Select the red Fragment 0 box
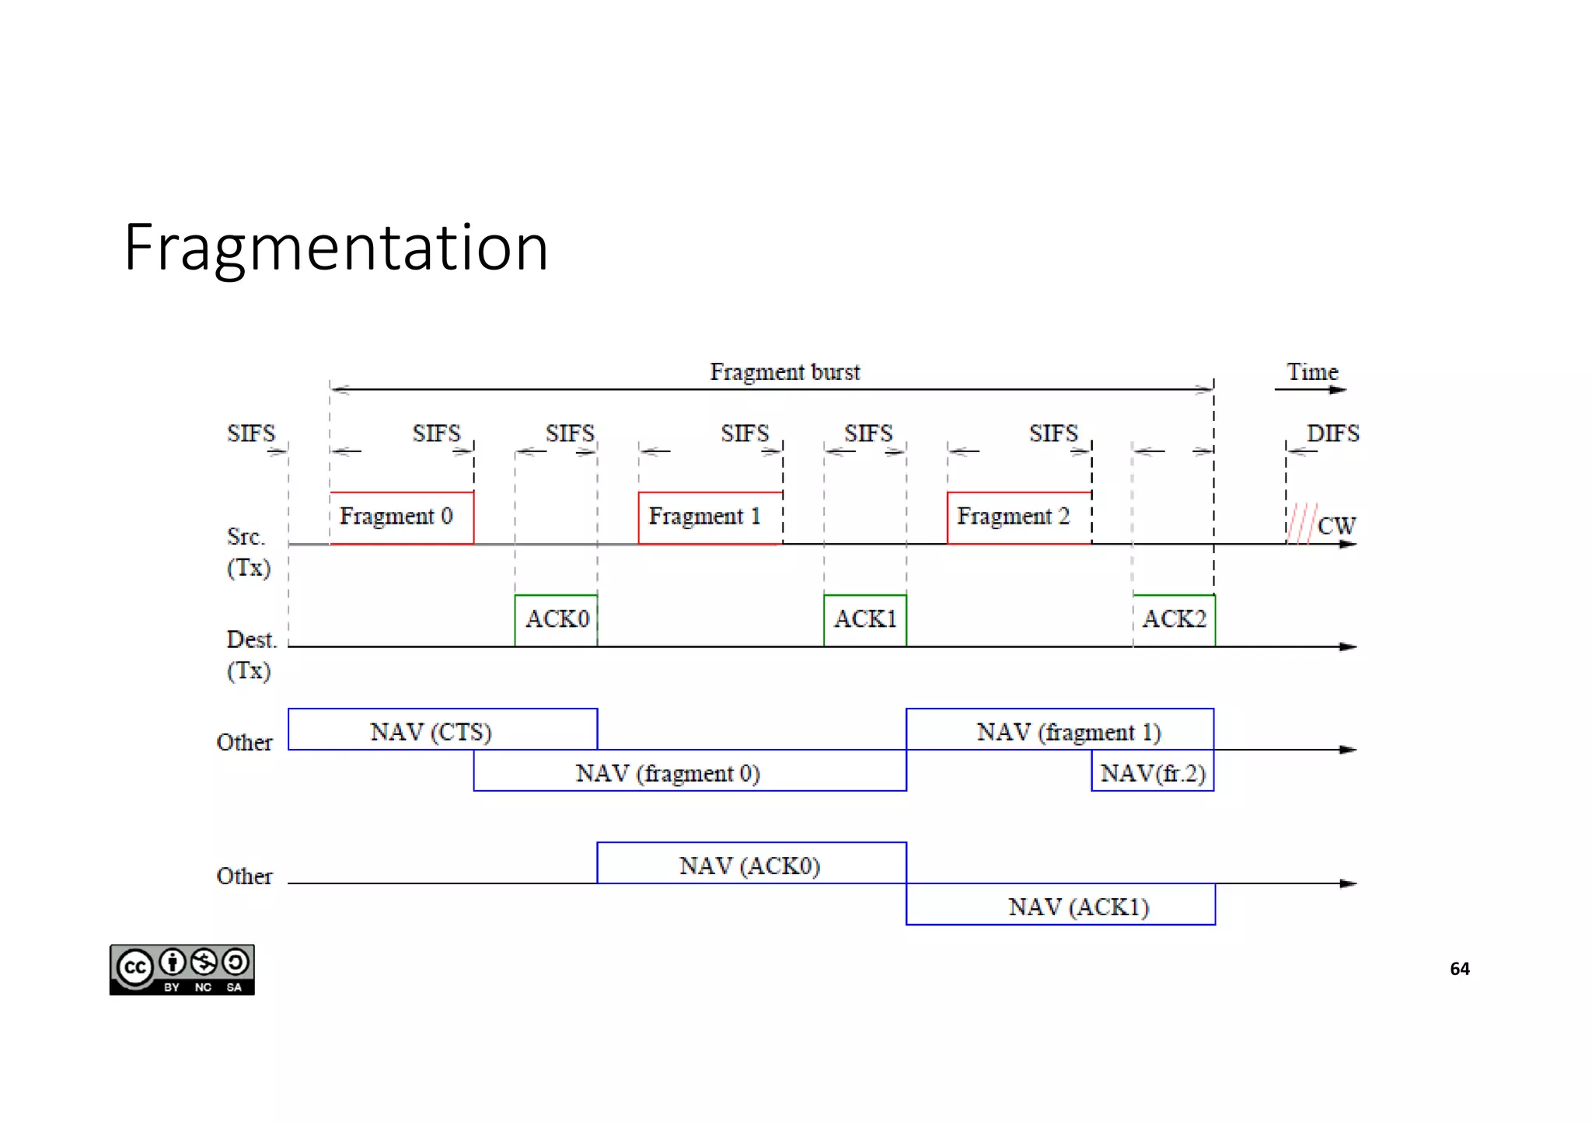(401, 517)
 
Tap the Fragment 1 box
(710, 517)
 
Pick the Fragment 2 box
(1018, 517)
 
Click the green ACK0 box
(556, 620)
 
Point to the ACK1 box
(865, 620)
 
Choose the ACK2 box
(1174, 620)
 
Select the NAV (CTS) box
(442, 730)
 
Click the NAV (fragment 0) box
(689, 771)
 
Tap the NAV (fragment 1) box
(1060, 730)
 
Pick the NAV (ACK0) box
(751, 863)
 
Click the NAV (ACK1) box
(1060, 904)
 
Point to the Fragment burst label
(785, 372)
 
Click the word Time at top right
(1312, 372)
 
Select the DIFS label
(1333, 434)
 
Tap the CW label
(1337, 526)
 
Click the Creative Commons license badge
(182, 970)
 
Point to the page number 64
(1460, 969)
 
